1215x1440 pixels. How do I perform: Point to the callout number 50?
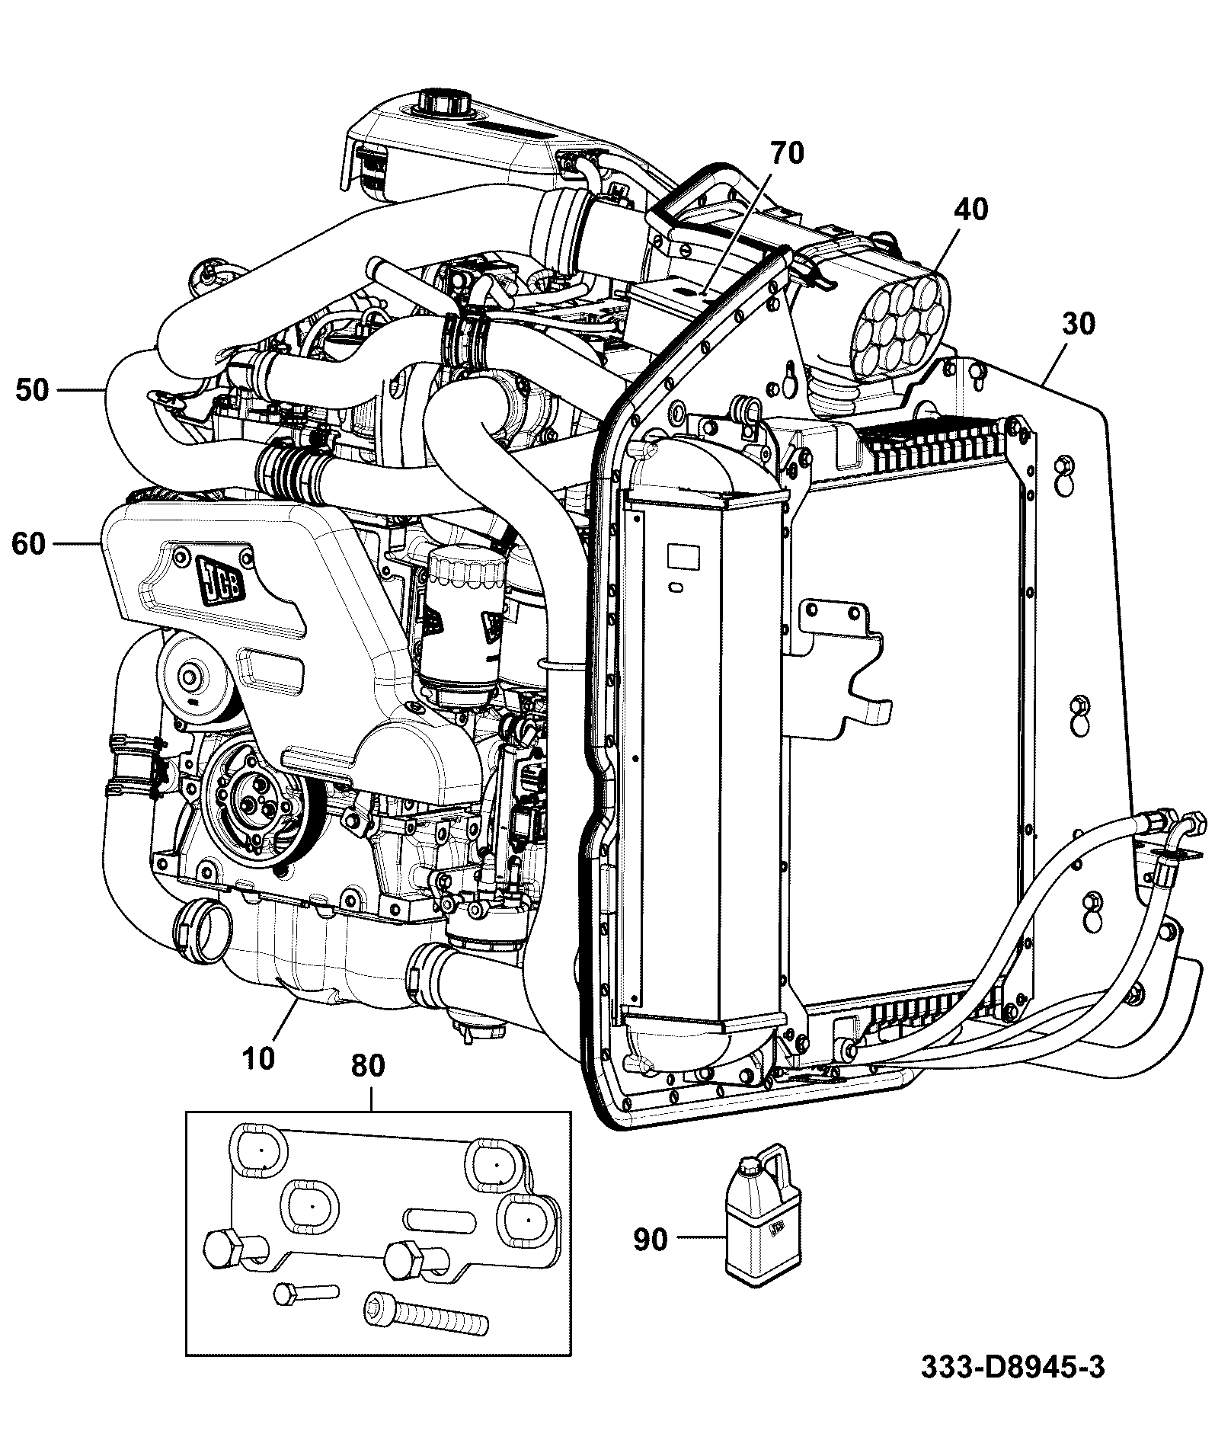pyautogui.click(x=32, y=391)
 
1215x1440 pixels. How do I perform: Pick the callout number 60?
pyautogui.click(x=28, y=544)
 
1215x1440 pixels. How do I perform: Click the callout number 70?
pyautogui.click(x=787, y=153)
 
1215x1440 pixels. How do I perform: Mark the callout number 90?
pyautogui.click(x=650, y=1240)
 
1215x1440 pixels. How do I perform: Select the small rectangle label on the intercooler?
pyautogui.click(x=683, y=555)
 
